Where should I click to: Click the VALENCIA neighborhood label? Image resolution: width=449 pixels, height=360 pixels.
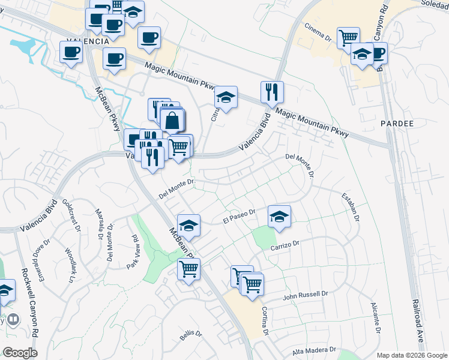pos(88,41)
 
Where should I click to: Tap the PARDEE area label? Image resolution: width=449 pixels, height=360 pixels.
pos(397,124)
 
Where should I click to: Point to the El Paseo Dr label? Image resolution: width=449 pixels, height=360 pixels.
pos(239,216)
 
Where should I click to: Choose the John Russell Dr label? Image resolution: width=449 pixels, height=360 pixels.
pos(307,295)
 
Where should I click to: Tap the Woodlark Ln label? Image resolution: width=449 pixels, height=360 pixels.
pos(71,264)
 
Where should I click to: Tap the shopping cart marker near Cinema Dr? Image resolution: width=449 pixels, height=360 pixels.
pos(348,38)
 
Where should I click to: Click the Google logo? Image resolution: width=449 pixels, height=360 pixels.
pos(20,353)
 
